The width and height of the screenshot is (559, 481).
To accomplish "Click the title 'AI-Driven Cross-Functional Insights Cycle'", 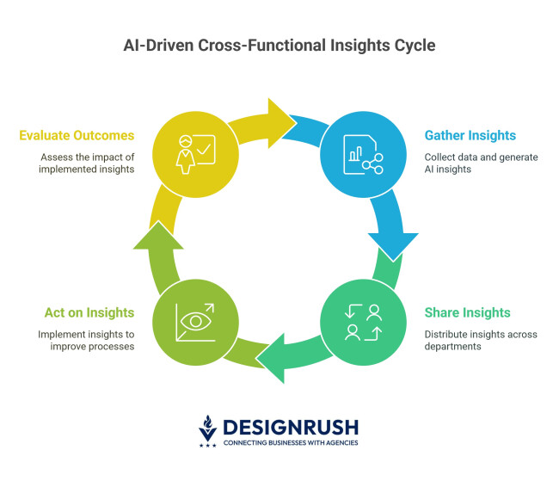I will pyautogui.click(x=279, y=45).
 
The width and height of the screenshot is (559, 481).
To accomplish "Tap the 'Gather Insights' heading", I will pyautogui.click(x=470, y=135).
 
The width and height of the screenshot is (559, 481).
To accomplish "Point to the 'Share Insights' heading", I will pyautogui.click(x=466, y=312).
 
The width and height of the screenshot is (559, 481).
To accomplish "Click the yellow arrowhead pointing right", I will pyautogui.click(x=279, y=119).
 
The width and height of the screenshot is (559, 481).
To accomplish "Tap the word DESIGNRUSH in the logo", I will pyautogui.click(x=290, y=427).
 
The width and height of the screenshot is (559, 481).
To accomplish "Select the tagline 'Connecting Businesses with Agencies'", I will pyautogui.click(x=290, y=443).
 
